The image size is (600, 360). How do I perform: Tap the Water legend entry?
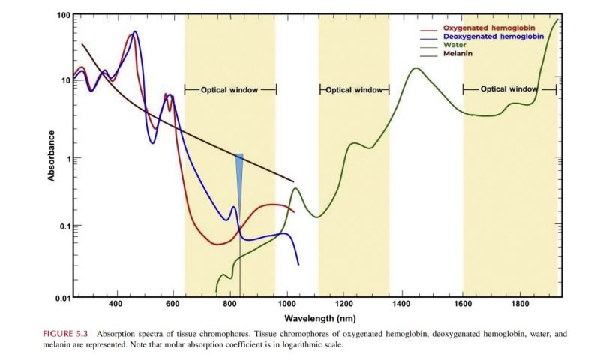455,45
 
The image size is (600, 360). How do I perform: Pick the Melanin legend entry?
458,53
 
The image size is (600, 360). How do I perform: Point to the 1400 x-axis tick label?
402,305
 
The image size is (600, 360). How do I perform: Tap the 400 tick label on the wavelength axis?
115,305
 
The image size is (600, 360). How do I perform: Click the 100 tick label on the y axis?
64,15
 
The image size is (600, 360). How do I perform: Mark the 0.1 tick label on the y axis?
64,226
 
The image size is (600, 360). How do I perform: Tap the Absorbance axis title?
52,156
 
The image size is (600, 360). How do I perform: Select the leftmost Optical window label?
229,89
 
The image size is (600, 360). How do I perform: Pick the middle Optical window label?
354,90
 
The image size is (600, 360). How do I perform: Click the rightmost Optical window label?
508,88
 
